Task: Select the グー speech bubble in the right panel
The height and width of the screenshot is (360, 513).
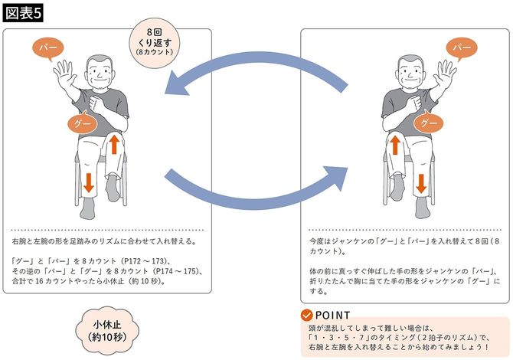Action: pos(430,123)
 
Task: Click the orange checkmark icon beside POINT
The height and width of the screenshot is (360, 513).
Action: pos(306,316)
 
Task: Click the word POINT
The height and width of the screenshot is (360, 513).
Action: pos(332,316)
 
